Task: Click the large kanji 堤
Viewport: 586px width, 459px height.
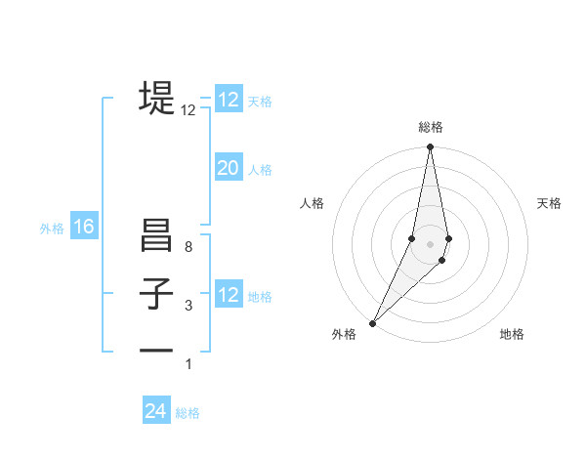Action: tap(156, 98)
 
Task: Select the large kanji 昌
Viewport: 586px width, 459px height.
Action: tap(156, 237)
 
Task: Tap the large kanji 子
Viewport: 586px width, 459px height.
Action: tap(156, 294)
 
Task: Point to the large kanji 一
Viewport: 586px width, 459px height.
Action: tap(156, 350)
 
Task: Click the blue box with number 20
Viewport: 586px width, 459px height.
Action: tap(228, 168)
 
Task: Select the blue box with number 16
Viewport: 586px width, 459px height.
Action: tap(84, 228)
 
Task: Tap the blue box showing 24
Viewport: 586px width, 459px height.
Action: tap(156, 411)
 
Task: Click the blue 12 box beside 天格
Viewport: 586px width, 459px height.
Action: tap(228, 100)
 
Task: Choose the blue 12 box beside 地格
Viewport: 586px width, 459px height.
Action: tap(228, 295)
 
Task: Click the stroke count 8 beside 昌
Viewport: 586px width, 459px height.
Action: tap(188, 248)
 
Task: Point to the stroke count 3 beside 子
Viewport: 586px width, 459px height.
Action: tap(188, 307)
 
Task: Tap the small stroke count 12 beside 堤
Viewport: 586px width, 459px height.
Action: tap(188, 111)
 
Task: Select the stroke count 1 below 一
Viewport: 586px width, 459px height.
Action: tap(188, 364)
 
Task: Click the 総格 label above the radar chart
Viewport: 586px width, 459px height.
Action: tap(430, 127)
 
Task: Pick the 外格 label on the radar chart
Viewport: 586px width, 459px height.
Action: tap(344, 334)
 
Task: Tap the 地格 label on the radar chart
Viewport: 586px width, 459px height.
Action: tap(512, 334)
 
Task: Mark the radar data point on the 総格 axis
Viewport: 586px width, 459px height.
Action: tap(430, 148)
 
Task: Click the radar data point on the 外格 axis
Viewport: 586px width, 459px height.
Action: tap(373, 323)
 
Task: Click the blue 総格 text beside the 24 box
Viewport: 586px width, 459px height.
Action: tap(188, 413)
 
